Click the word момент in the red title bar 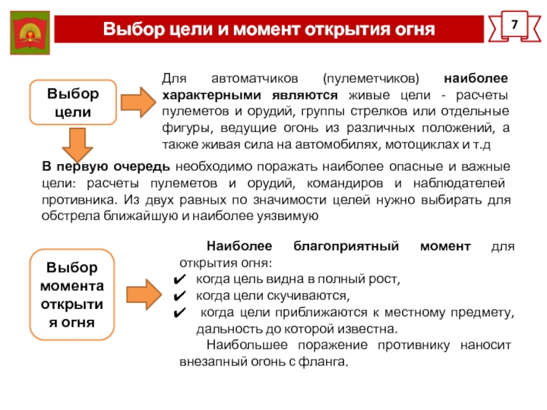(265, 30)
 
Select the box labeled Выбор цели (72, 102)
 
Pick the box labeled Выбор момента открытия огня (72, 294)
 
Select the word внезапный (213, 362)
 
